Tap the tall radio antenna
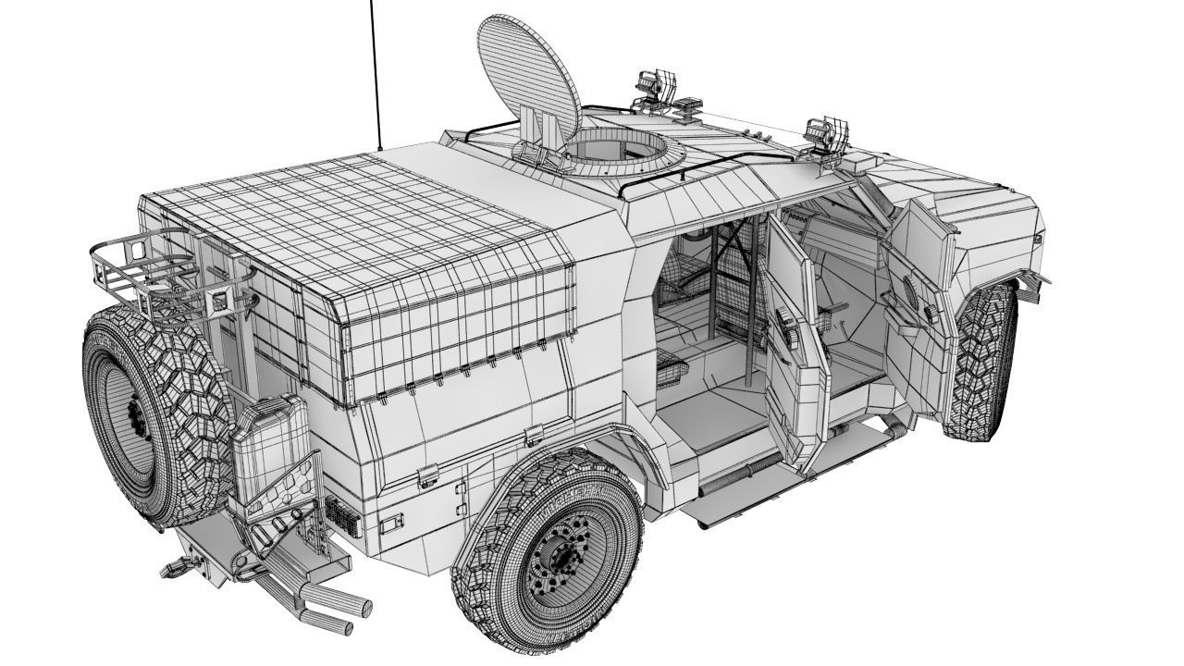(x=376, y=74)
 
